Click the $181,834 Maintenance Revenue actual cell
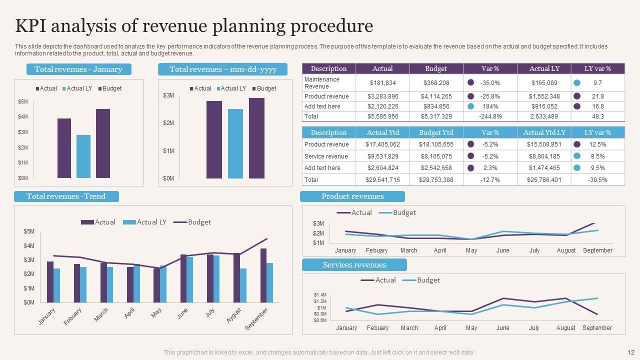click(382, 83)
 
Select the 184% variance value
click(490, 106)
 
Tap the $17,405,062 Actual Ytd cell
click(382, 144)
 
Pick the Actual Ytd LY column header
click(544, 132)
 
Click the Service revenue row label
click(326, 156)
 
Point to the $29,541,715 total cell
click(382, 179)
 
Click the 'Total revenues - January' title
click(78, 69)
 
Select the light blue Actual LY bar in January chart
click(83, 156)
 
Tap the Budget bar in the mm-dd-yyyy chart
click(256, 138)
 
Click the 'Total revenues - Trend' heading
click(66, 196)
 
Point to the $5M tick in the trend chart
click(29, 231)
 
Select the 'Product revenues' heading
click(352, 196)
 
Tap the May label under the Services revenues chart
click(471, 328)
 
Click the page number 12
click(630, 352)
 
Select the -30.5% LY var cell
click(597, 179)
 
